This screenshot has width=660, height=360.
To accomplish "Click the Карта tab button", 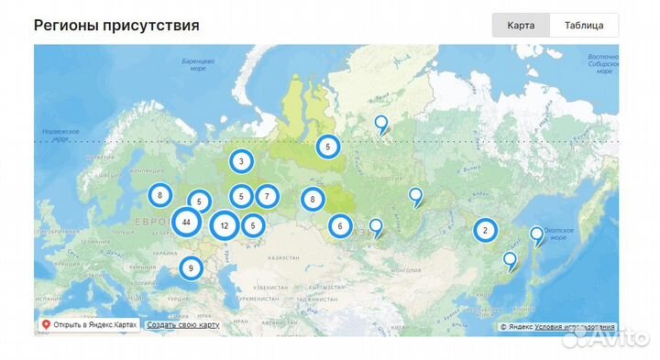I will point(521,25).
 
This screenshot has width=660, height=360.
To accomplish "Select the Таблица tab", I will point(584,25).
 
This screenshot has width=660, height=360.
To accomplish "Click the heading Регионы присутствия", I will point(116,25).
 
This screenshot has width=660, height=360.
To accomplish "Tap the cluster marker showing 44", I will point(186,223).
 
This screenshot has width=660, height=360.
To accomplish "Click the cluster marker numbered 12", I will point(225,225).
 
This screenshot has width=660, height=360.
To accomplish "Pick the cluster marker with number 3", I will point(241,162).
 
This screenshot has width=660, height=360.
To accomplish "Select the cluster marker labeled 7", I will point(267,195).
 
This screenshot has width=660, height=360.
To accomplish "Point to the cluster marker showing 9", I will point(191,268).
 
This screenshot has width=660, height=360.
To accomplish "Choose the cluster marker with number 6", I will point(340,226).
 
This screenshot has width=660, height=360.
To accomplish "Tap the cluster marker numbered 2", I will point(485,231).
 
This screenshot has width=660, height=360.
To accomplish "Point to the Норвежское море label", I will point(60,136).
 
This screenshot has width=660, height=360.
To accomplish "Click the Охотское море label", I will point(558,232).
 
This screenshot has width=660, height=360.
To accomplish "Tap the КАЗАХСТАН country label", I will point(283,261).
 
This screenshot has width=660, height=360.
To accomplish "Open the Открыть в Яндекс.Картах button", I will point(90,325).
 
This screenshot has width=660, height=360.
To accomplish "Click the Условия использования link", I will point(575,326).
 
